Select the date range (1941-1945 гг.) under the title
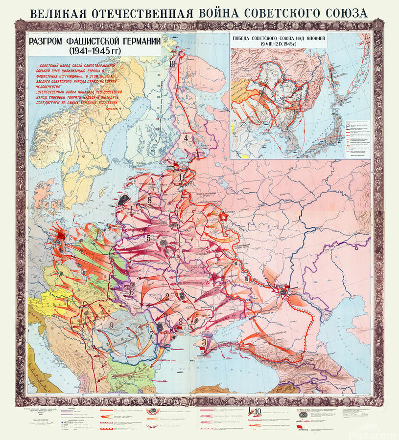click(94, 51)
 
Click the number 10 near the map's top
click(172, 63)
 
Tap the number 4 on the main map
click(186, 138)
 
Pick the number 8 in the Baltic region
click(149, 200)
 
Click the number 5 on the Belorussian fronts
click(147, 238)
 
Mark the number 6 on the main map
click(132, 292)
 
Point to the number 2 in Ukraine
click(167, 296)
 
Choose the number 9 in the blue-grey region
click(112, 325)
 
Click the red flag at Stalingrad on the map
click(285, 289)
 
